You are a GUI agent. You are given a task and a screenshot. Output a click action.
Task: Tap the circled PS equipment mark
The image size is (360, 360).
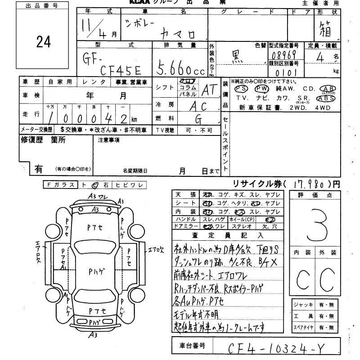click(242, 89)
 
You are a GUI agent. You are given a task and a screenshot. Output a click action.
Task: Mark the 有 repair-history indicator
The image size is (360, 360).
click(39, 169)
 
